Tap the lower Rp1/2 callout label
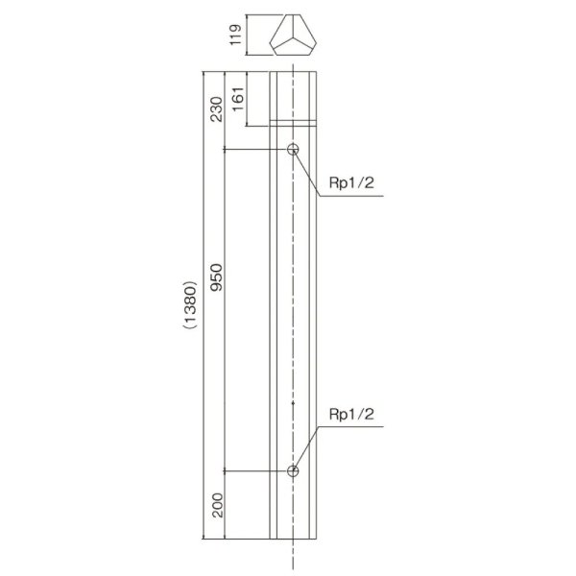(x=350, y=415)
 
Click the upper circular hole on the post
(x=293, y=150)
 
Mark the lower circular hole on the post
(x=293, y=470)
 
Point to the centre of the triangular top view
(x=293, y=39)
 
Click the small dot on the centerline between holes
(x=293, y=404)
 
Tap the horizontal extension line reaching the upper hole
(x=254, y=150)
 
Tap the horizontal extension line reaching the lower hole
(x=254, y=470)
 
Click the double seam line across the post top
(x=293, y=122)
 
